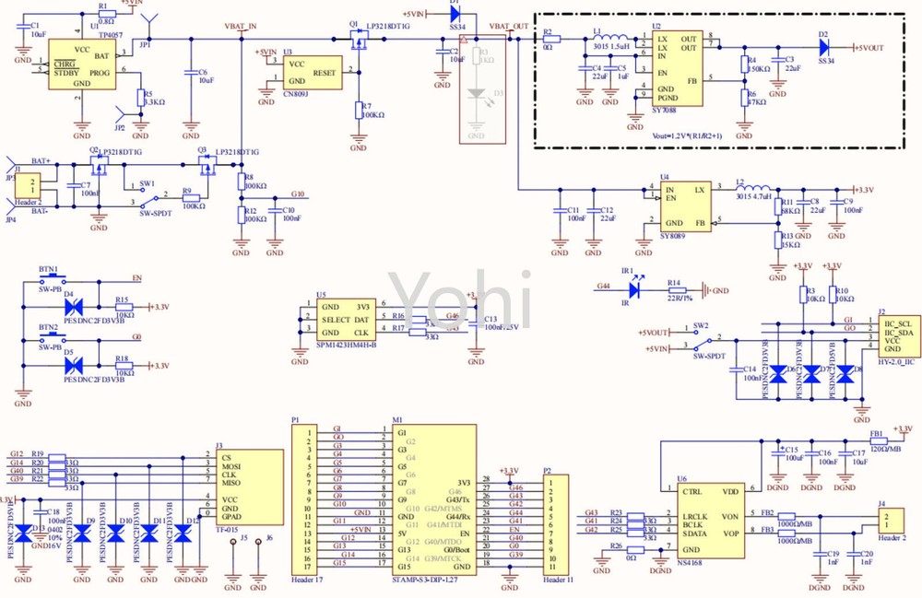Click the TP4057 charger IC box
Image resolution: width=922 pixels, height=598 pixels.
tap(82, 64)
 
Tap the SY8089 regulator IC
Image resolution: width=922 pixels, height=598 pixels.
tap(685, 206)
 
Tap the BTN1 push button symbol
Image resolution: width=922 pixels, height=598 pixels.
tap(48, 280)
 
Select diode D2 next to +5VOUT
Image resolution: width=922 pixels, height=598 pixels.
tap(824, 47)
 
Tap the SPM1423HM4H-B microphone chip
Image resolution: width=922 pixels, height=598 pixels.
tap(347, 319)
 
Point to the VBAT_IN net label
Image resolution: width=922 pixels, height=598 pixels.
tap(241, 27)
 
